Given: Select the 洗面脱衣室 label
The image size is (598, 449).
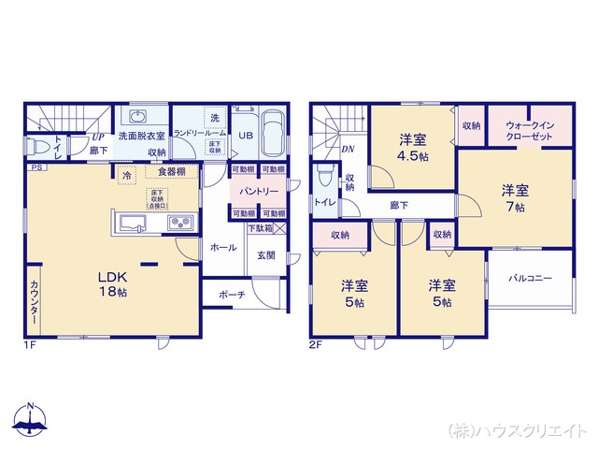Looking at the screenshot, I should point(140,136).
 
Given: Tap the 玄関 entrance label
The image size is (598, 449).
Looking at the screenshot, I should point(264,255).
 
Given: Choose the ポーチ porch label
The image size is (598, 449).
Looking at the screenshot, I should point(232,295).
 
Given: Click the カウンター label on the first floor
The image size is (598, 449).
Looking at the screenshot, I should point(34,302).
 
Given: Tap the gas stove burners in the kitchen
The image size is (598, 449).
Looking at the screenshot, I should point(180,224).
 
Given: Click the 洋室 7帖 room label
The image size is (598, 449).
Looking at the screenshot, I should point(513,196).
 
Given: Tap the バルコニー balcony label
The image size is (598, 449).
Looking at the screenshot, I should point(530,278).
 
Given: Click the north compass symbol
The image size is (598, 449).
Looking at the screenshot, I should point(31,422).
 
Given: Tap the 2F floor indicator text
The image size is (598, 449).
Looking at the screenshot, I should point(315,343).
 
